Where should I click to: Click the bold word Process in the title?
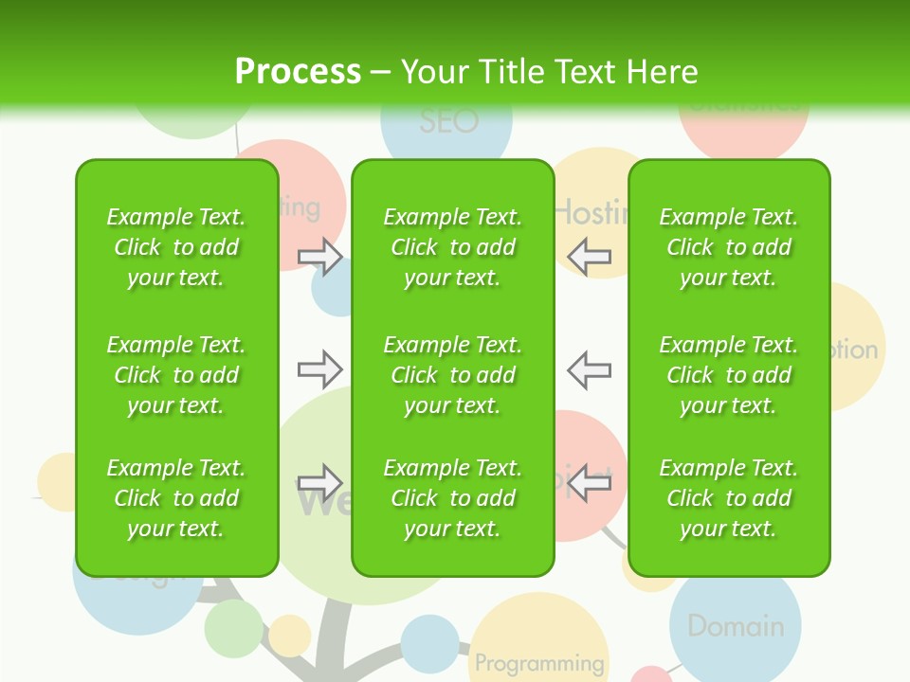point(298,72)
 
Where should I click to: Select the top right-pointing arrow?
point(320,256)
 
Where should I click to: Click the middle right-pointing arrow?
point(320,368)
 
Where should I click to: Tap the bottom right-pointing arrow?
point(320,482)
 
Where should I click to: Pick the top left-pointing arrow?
point(589,256)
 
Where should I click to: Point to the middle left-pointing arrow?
point(589,368)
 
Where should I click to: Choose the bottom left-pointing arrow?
point(589,482)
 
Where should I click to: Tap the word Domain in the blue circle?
point(736,626)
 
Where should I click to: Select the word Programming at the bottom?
point(539,663)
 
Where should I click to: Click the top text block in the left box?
point(176,247)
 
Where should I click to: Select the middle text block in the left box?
point(176,375)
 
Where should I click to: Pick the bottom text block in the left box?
point(176,498)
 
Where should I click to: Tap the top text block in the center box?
point(452,247)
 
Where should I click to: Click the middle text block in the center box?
point(452,375)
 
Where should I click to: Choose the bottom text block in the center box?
point(452,498)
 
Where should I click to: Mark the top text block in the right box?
point(729,247)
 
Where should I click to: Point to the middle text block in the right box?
point(729,375)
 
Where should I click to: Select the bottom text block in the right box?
point(729,498)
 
